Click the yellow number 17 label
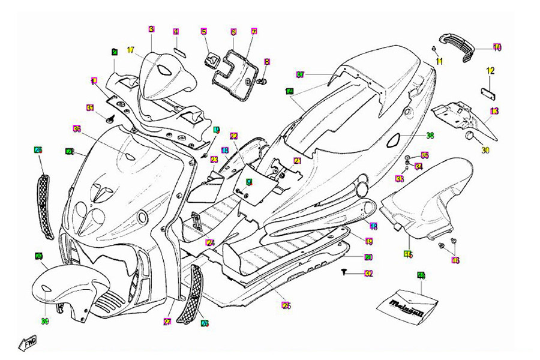coord(131,50)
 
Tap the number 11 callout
coord(439,62)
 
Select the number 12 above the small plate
coord(490,71)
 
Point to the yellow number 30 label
coord(485,150)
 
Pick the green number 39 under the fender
coord(45,322)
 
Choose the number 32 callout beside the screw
coord(368,274)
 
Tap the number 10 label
coord(497,47)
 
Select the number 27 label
coord(167,322)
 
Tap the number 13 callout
coord(494,110)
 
